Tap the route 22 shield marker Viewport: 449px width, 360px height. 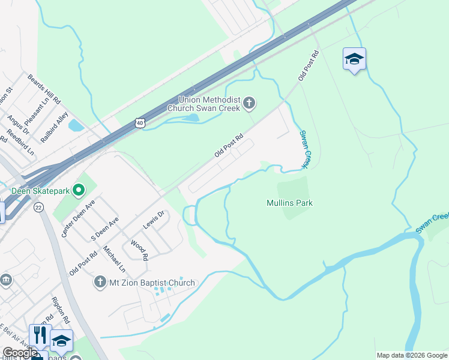[x=39, y=207]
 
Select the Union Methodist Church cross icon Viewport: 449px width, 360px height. [x=249, y=104]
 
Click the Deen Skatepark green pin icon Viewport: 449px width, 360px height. [x=78, y=191]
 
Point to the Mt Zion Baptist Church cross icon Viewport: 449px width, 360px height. [x=100, y=282]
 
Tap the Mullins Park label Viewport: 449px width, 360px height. [x=289, y=203]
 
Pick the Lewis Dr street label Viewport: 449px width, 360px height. [x=153, y=220]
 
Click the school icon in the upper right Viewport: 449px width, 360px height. [x=354, y=59]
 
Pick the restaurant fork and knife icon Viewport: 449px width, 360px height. [x=40, y=335]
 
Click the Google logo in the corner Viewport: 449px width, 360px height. [x=20, y=353]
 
